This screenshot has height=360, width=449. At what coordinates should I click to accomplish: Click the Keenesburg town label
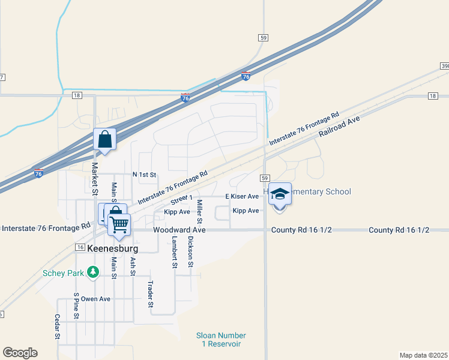point(112,248)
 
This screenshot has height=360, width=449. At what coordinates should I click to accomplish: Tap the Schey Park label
point(63,272)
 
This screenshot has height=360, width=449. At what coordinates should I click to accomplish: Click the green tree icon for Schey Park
point(92,273)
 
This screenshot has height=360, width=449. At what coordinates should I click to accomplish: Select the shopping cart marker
point(119,224)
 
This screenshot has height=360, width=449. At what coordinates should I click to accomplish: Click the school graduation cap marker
point(279,194)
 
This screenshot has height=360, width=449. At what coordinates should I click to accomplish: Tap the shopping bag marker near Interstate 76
point(105,140)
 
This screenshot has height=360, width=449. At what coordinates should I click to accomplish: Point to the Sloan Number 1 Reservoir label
point(221,340)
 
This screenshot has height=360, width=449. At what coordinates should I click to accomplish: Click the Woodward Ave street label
point(179,230)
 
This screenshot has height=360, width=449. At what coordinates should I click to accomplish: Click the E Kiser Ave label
point(242,196)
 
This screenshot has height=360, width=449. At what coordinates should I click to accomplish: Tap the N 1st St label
point(144,175)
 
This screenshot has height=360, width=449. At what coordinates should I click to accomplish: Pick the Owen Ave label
point(96,299)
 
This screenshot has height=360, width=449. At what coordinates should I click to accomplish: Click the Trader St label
point(151,294)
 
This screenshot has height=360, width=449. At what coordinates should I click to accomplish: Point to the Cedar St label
point(58,327)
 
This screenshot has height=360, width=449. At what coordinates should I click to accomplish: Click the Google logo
point(20,353)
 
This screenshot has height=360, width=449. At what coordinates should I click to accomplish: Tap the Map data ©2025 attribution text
point(423,355)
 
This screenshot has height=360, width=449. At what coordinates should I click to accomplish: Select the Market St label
point(94,178)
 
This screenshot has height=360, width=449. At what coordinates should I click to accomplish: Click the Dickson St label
point(191,251)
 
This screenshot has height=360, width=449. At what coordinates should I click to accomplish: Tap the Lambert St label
point(174,251)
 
